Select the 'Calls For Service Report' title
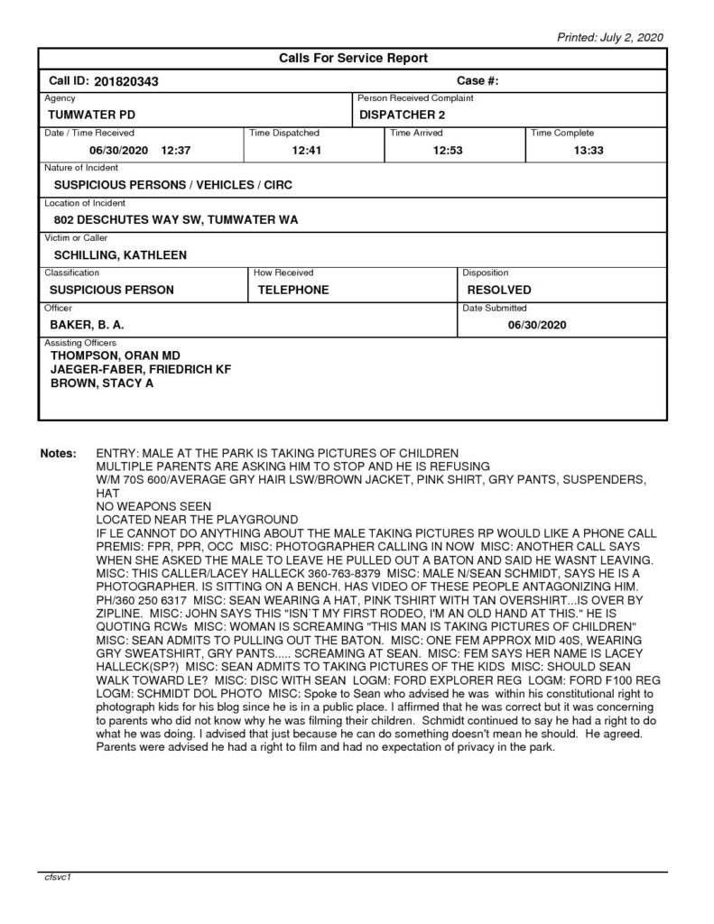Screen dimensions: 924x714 pyautogui.click(x=352, y=59)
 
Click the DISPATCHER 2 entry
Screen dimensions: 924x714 pyautogui.click(x=402, y=115)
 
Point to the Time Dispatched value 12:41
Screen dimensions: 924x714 pyautogui.click(x=308, y=150)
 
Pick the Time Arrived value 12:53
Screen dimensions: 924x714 pyautogui.click(x=448, y=150)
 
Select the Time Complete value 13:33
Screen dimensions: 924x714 pyautogui.click(x=589, y=150)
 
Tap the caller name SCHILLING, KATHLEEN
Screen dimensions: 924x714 pyautogui.click(x=120, y=254)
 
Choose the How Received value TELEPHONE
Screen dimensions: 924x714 pyautogui.click(x=293, y=290)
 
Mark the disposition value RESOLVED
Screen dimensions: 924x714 pyautogui.click(x=499, y=290)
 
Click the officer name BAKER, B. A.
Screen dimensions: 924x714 pyautogui.click(x=86, y=324)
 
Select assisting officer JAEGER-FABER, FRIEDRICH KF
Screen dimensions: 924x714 pyautogui.click(x=141, y=370)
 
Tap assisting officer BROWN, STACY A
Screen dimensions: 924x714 pyautogui.click(x=102, y=383)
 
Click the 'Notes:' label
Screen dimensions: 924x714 pyautogui.click(x=59, y=452)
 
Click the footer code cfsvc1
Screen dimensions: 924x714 pyautogui.click(x=59, y=877)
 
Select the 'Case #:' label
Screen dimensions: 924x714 pyautogui.click(x=478, y=80)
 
